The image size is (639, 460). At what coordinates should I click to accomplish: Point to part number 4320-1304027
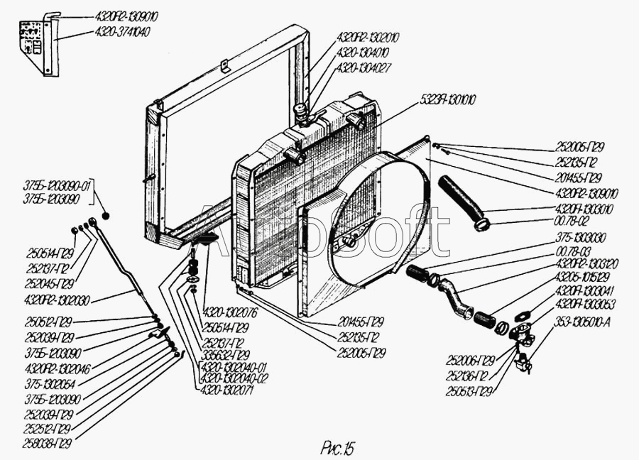pyautogui.click(x=366, y=67)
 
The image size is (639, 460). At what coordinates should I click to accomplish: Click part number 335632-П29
pyautogui.click(x=226, y=355)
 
